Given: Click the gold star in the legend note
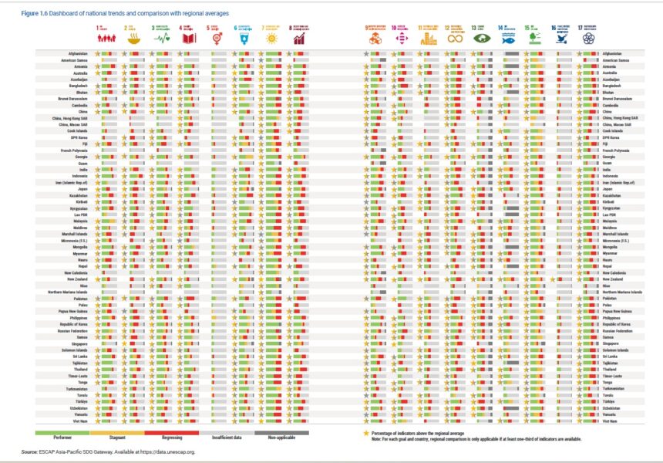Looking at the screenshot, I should [366, 434].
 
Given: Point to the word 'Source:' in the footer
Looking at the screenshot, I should [29, 451].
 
